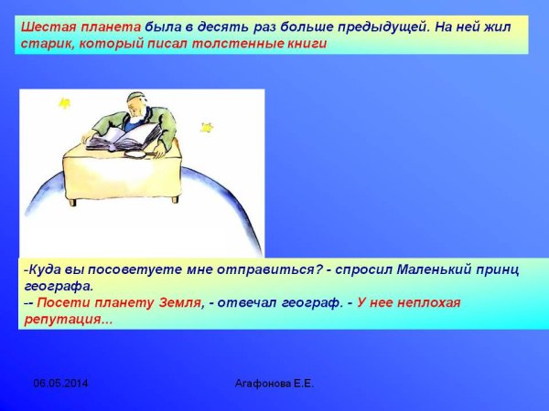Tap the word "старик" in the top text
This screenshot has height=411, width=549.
tap(44, 43)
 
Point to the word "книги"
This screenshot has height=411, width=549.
tap(304, 43)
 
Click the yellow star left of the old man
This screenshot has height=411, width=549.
tap(64, 103)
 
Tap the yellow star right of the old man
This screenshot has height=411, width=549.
tap(207, 127)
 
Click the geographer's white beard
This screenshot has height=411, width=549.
tap(138, 119)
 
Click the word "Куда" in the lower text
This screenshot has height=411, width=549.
tap(43, 269)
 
